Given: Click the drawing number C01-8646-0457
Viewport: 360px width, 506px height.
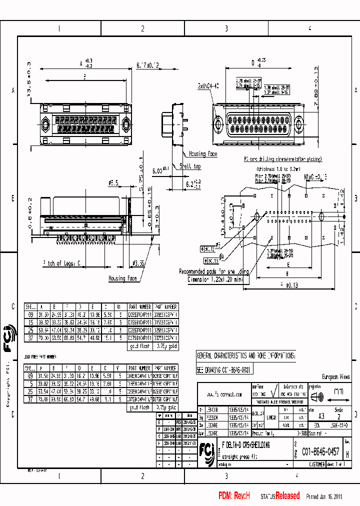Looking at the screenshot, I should point(320,451).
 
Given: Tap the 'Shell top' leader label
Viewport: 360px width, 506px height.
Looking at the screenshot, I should point(190,166).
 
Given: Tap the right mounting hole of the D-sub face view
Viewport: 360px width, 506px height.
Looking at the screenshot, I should point(298,122).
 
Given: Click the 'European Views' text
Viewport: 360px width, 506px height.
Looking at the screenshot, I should point(335,377).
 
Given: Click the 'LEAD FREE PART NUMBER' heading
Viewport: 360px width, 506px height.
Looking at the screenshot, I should point(40,356).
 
